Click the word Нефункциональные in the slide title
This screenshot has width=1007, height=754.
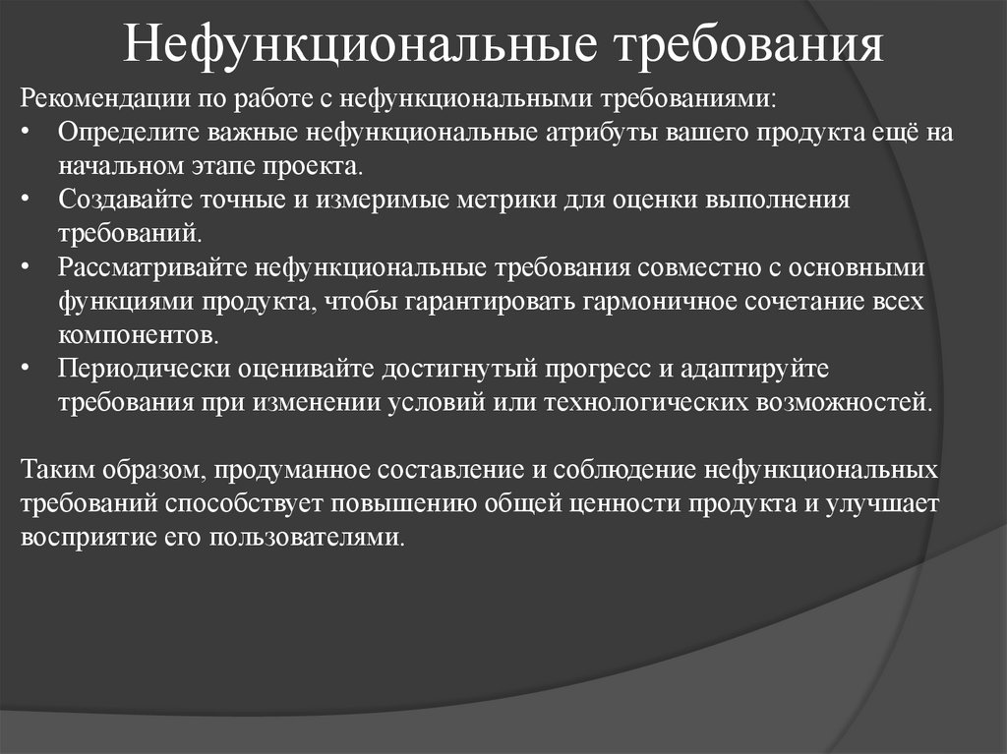(359, 46)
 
